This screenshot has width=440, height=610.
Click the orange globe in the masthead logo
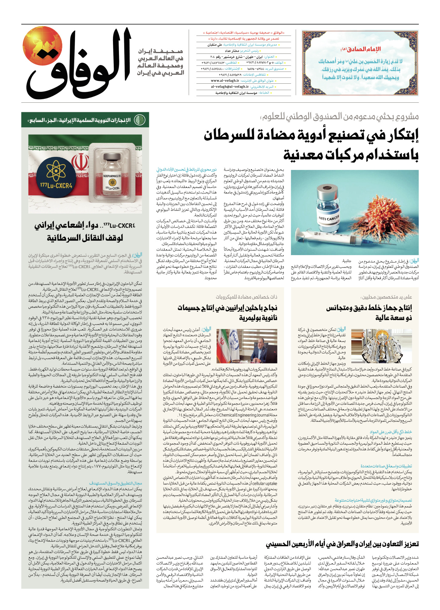[x=43, y=46]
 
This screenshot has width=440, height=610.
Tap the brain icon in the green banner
[x=140, y=120]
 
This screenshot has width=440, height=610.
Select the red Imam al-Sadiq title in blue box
[x=360, y=49]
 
